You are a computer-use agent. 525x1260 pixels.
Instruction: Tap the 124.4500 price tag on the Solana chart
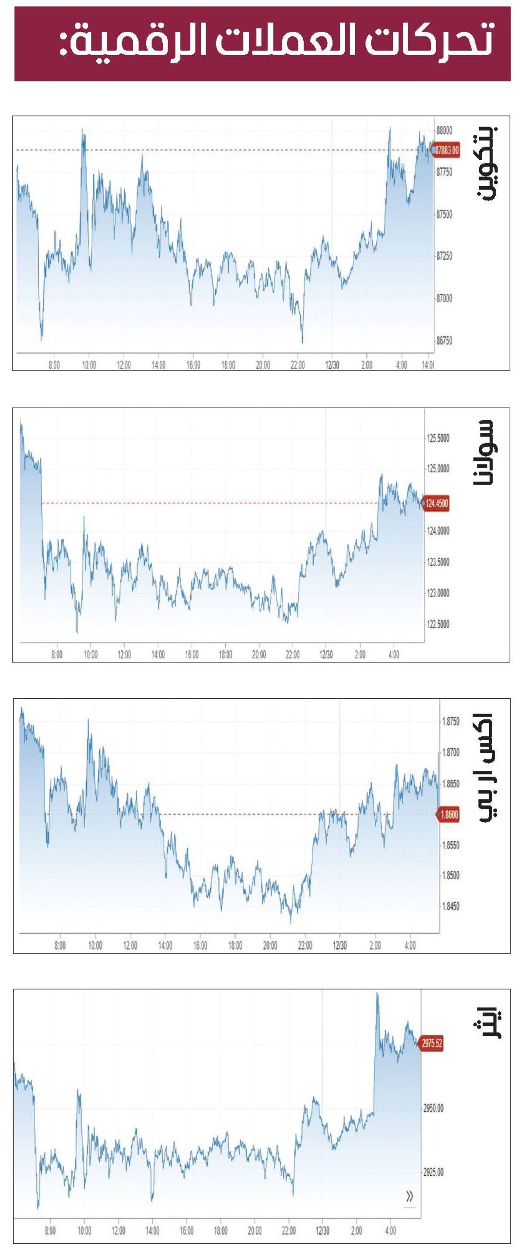point(436,503)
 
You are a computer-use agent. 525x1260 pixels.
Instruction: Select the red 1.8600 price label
point(449,814)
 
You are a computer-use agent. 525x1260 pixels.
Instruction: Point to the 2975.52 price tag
point(432,1043)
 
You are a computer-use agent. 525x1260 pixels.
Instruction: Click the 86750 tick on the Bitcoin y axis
point(444,341)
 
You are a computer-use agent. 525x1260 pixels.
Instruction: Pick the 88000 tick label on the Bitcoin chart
point(444,130)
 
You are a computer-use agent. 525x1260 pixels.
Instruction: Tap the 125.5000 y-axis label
point(438,438)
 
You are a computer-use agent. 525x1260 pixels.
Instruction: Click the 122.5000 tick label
point(438,624)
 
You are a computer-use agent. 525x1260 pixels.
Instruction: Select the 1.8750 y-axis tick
point(450,722)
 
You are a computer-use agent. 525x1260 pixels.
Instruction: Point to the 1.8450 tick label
point(450,906)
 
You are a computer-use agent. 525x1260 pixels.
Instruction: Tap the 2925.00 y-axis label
point(433,1172)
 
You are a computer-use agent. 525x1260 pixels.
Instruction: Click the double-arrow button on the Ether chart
point(409,1197)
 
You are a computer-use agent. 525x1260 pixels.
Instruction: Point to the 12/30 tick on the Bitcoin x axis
point(332,365)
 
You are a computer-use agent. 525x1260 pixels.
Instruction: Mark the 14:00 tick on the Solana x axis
point(158,655)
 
